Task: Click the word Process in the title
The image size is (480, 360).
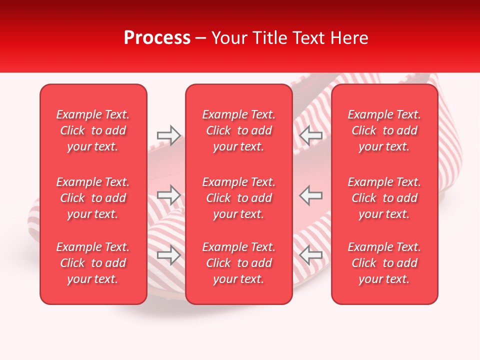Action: click(157, 38)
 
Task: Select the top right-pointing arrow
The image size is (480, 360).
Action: click(169, 135)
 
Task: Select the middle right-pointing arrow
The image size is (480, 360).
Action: click(169, 195)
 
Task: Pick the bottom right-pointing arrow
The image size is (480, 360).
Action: click(169, 255)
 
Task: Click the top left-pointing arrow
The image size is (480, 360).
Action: click(310, 135)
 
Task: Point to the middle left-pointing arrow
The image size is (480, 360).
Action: click(310, 195)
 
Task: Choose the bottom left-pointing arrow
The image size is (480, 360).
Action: click(310, 255)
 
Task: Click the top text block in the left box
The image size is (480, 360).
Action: click(93, 130)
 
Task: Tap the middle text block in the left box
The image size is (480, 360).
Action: click(93, 198)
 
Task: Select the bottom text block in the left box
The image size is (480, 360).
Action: click(93, 263)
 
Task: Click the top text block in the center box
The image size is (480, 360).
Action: click(239, 130)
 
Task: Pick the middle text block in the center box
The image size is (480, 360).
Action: click(239, 198)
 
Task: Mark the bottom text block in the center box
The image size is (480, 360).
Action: click(239, 263)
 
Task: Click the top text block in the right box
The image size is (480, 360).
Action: click(384, 130)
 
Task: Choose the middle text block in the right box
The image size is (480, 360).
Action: click(384, 198)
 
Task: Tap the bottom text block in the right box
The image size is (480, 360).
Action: click(384, 263)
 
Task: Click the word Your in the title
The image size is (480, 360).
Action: click(229, 38)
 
